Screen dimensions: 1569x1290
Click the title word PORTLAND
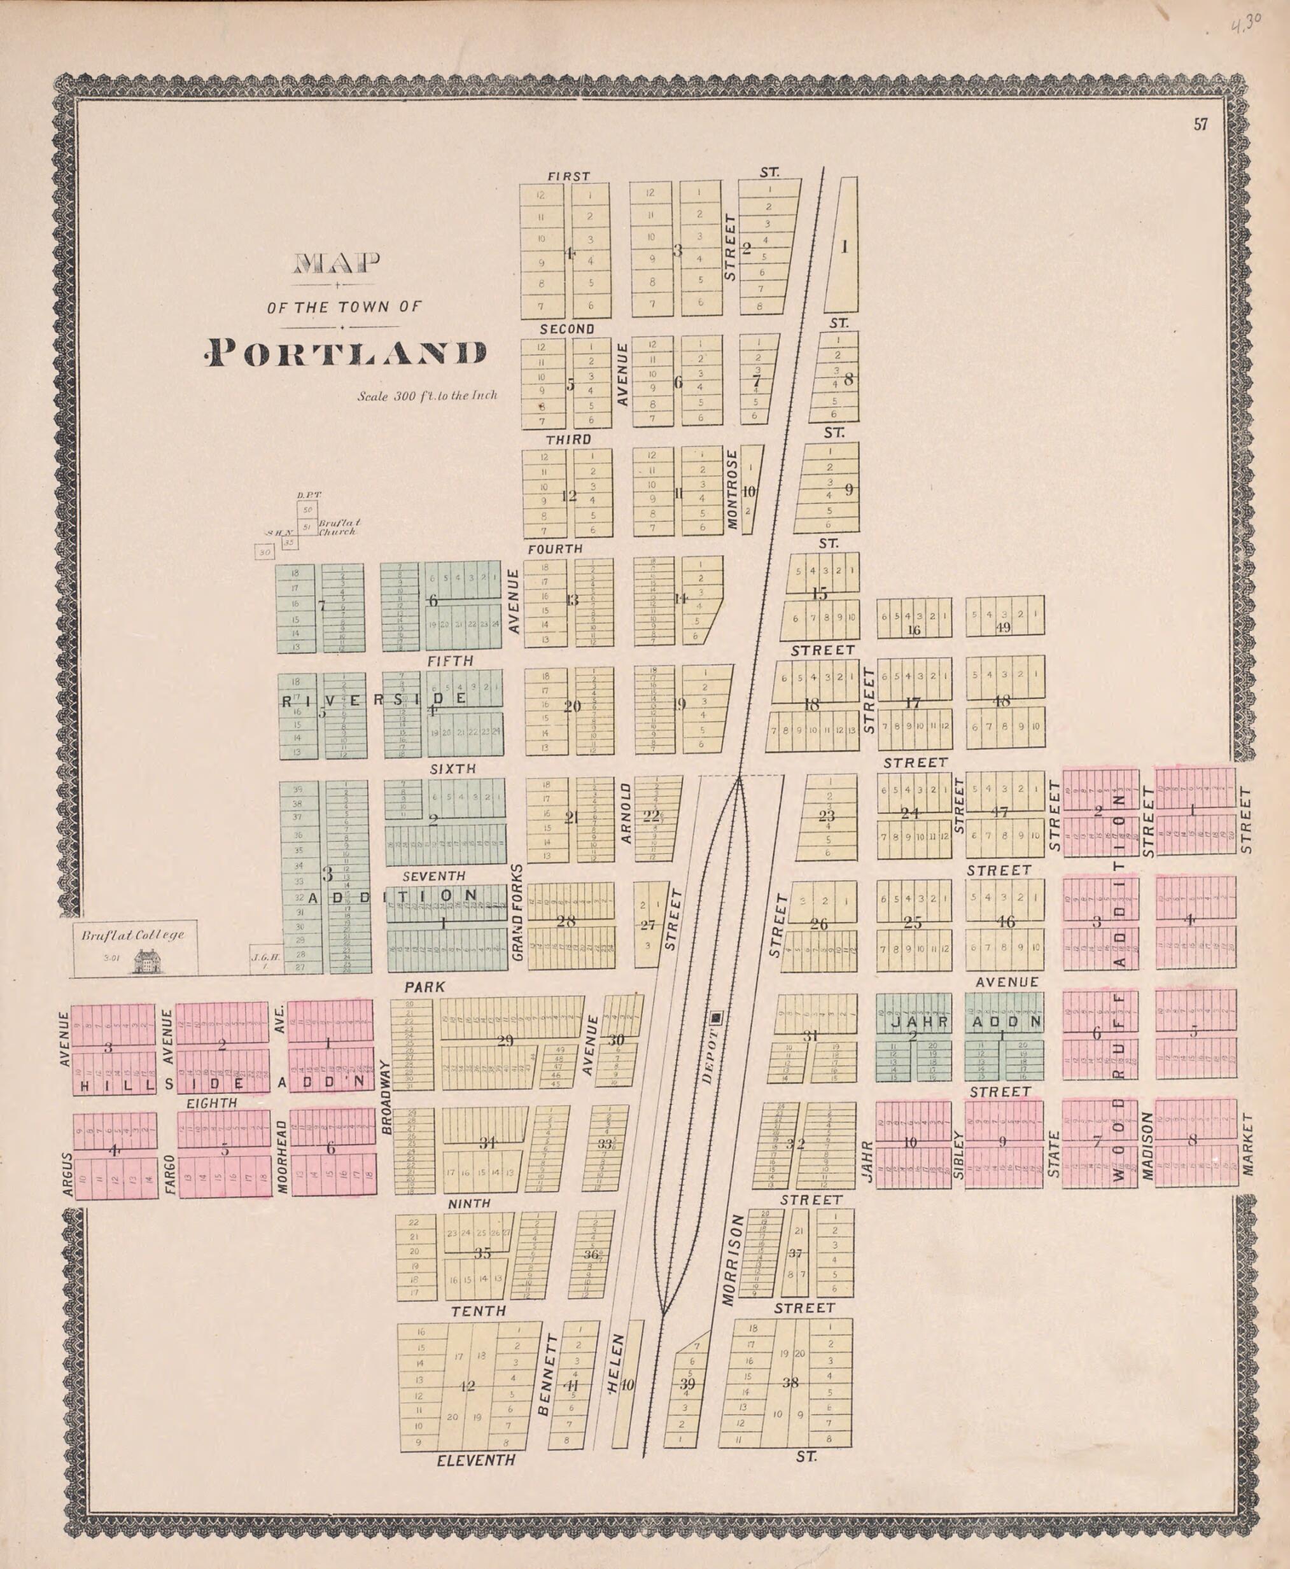pos(346,354)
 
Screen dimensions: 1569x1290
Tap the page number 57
pos(1201,125)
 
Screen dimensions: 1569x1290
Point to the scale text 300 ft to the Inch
pos(426,396)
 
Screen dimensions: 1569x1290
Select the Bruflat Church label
pos(339,527)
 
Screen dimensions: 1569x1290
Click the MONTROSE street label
pos(731,489)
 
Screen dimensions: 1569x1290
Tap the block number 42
pos(466,1386)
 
